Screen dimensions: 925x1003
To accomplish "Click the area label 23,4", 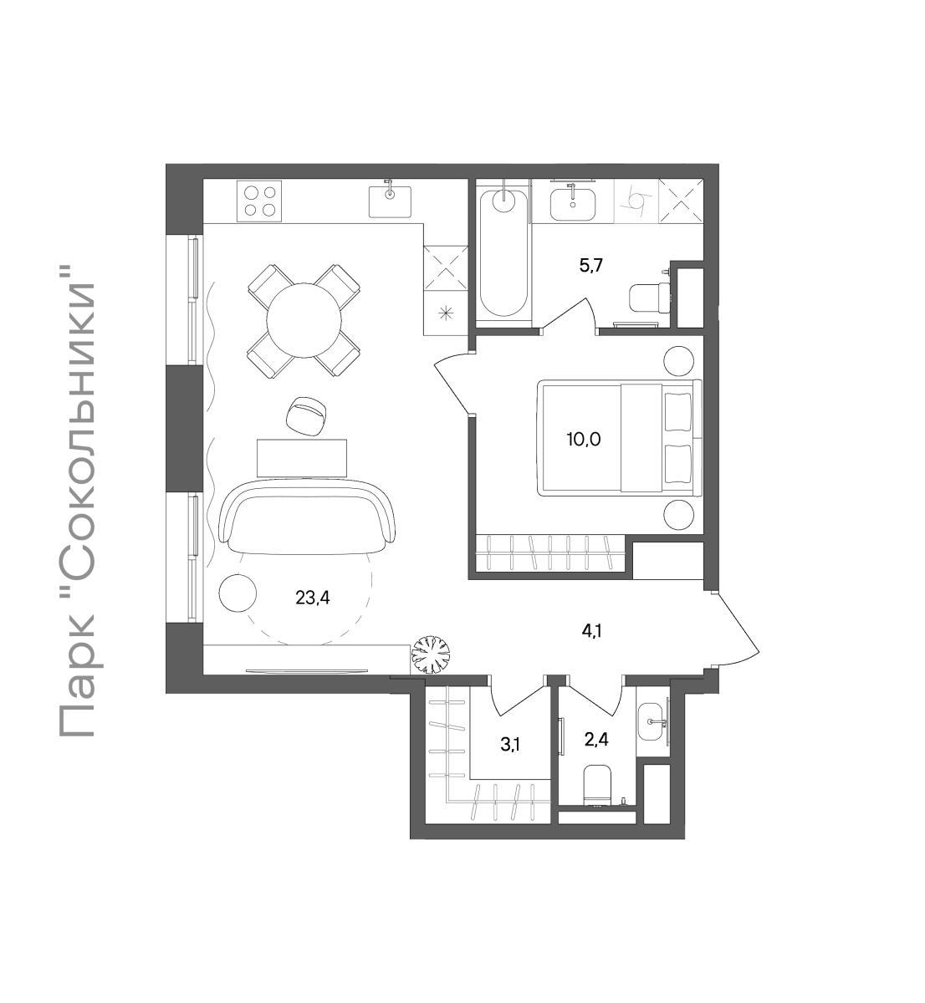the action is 312,598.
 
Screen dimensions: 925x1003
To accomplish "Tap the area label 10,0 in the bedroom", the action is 584,440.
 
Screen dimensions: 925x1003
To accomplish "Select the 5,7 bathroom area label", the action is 591,266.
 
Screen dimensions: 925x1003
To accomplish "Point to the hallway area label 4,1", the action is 591,632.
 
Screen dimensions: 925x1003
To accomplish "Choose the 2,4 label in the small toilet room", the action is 596,739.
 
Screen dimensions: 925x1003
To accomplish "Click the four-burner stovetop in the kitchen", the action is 259,201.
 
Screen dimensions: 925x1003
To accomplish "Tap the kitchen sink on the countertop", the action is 390,201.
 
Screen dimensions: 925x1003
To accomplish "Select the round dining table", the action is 304,320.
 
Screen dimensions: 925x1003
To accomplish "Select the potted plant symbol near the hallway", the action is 430,654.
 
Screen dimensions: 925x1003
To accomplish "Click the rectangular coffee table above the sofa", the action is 302,458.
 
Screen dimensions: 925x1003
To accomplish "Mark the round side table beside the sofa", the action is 238,593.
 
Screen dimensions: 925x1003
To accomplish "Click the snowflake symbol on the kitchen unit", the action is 445,313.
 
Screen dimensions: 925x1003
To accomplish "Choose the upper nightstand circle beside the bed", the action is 679,361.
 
